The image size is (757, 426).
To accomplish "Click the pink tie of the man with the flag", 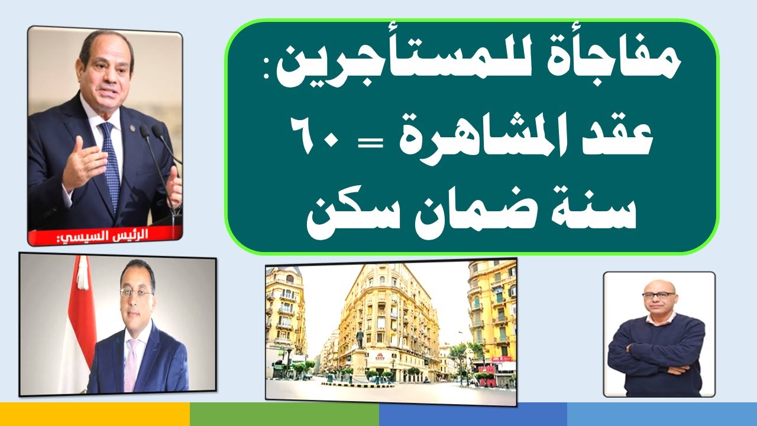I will (131, 361).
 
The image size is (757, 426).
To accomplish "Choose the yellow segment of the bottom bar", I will (95, 414).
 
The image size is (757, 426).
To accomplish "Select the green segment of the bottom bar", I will (284, 414).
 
